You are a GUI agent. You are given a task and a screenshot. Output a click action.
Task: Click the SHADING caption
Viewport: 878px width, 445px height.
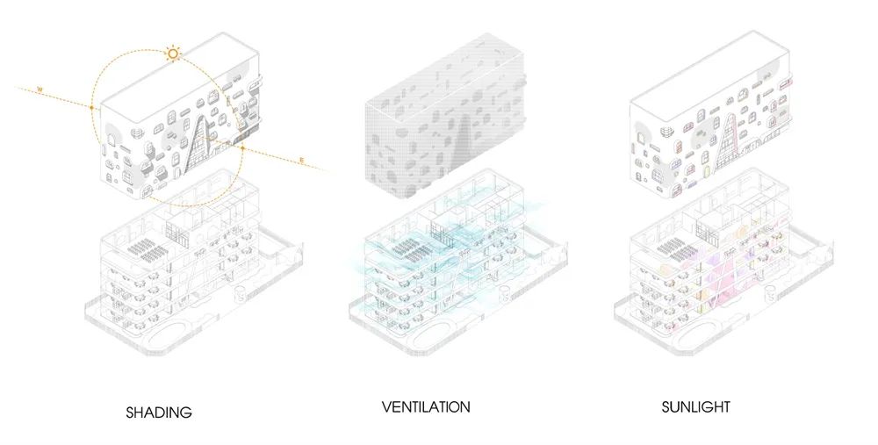pyautogui.click(x=159, y=413)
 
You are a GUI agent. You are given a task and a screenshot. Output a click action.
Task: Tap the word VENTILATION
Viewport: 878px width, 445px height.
pyautogui.click(x=426, y=406)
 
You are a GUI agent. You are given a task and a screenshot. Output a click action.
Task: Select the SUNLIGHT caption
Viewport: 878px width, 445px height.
pyautogui.click(x=696, y=406)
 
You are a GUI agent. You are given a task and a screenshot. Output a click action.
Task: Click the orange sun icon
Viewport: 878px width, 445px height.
pyautogui.click(x=173, y=54)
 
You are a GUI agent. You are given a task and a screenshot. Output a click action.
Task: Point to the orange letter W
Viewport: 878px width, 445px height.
pyautogui.click(x=40, y=90)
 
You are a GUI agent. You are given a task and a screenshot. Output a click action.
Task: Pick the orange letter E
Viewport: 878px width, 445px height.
pyautogui.click(x=302, y=161)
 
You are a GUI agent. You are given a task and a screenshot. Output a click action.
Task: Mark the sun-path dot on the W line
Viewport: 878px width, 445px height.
pyautogui.click(x=91, y=107)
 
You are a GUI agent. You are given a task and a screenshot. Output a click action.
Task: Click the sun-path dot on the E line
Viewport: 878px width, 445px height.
pyautogui.click(x=242, y=148)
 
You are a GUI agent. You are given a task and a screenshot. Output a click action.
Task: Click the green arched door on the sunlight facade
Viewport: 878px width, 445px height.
pyautogui.click(x=706, y=172)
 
